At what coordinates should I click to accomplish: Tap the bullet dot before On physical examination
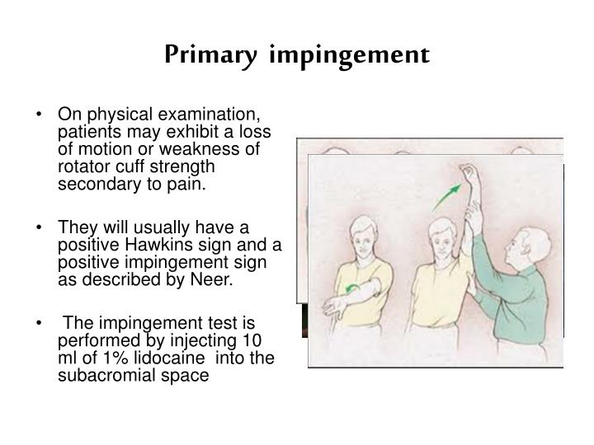point(41,115)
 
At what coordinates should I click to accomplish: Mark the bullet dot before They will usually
point(41,226)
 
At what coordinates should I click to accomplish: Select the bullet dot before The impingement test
point(41,321)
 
